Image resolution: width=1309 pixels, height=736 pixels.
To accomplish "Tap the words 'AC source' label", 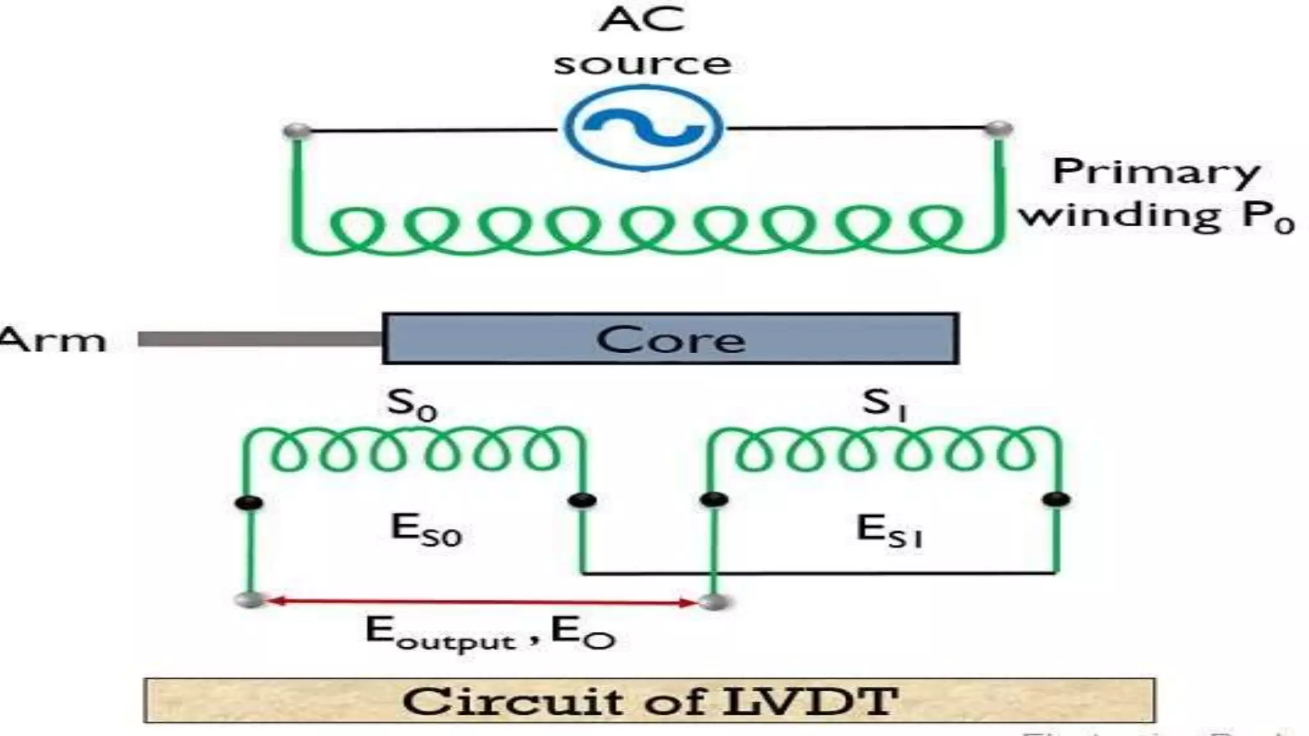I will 642,41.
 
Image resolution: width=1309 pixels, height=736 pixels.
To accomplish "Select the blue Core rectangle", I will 670,339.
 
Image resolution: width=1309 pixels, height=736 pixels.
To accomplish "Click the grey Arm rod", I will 259,339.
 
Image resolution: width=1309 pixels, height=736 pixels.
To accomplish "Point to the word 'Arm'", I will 52,340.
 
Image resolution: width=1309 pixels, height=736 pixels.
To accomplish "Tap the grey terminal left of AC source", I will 297,132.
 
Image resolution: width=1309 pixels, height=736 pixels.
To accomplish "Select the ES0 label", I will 426,530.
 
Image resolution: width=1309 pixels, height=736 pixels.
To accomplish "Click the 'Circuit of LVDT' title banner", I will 649,701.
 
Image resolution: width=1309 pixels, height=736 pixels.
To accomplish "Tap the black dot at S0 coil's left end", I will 249,502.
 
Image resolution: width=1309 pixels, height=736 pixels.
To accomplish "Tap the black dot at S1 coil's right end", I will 1056,499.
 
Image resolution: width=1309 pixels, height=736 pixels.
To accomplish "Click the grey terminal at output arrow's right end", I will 714,601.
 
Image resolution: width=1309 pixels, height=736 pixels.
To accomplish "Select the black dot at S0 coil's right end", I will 582,500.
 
